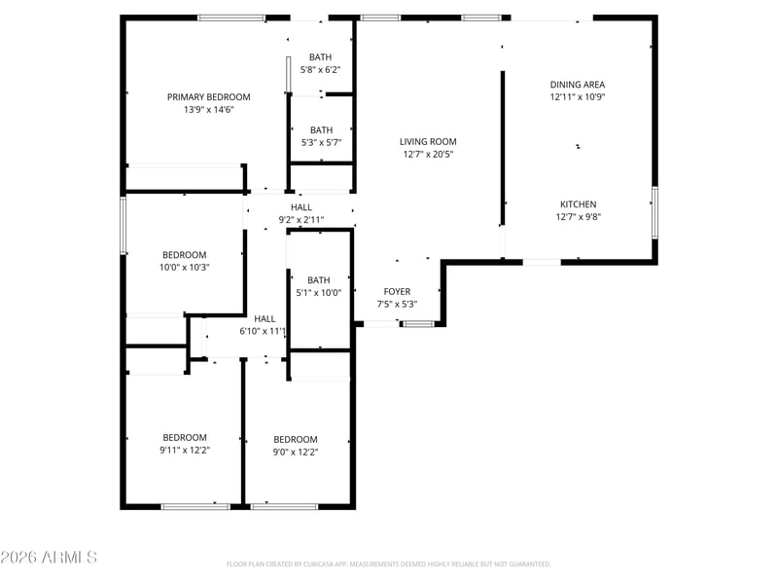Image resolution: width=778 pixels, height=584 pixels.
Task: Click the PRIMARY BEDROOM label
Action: [208, 96]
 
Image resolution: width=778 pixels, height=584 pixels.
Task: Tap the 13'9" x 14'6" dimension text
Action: [208, 110]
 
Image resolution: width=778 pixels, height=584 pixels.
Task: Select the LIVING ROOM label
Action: [428, 141]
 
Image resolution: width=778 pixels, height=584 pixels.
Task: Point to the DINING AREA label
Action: [577, 85]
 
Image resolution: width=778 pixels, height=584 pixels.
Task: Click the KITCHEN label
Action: [578, 204]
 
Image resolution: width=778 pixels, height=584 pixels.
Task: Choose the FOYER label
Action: [397, 291]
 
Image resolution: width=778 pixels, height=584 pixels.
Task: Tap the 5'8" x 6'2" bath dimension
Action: [320, 70]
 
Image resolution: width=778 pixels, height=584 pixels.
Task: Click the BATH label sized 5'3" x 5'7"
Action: [321, 130]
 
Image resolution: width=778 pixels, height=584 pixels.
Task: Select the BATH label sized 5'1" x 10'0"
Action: [318, 280]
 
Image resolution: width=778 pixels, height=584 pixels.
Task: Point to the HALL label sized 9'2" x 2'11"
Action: [301, 207]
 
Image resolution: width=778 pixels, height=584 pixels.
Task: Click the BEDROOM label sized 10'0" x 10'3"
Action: [184, 255]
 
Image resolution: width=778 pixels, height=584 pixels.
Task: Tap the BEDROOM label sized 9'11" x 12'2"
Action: [185, 437]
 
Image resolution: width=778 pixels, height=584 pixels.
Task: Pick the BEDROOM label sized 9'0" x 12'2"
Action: [296, 440]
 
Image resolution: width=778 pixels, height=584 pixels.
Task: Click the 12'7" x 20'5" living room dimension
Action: [428, 155]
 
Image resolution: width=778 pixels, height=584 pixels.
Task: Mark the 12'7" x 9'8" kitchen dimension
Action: [578, 217]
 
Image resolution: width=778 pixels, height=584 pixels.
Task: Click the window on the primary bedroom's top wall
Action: [231, 18]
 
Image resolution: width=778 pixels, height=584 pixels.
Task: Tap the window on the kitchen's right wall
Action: [654, 212]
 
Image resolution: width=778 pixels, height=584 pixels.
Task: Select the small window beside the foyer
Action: [418, 324]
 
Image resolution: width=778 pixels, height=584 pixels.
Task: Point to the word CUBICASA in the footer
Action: [318, 565]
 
